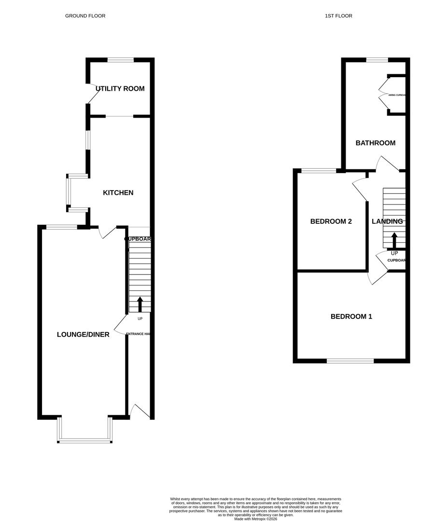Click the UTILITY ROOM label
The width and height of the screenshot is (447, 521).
[x=120, y=89]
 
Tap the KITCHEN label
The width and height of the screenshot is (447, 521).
[x=118, y=192]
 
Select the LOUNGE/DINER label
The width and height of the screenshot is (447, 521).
[x=83, y=334]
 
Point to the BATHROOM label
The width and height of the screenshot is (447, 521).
[x=376, y=143]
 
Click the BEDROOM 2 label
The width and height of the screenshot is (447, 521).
[x=331, y=221]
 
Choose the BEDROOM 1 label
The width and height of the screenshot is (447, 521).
[x=351, y=316]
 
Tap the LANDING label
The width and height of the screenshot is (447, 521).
[x=387, y=221]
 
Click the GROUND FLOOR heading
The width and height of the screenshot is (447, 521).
[x=85, y=16]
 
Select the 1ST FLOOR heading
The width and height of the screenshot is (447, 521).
[x=338, y=16]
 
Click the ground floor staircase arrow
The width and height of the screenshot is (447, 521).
[x=140, y=304]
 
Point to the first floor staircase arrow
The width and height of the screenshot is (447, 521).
[x=394, y=240]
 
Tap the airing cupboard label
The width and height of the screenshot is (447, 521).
[x=397, y=95]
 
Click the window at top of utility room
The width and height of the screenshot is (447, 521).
[x=120, y=60]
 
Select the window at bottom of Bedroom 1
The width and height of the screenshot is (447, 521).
[x=350, y=360]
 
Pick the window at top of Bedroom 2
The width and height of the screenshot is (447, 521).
[x=319, y=170]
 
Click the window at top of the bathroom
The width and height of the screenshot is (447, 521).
[x=377, y=60]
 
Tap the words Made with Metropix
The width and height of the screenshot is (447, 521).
[x=256, y=519]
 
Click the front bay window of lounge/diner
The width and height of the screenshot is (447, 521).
[x=85, y=440]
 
